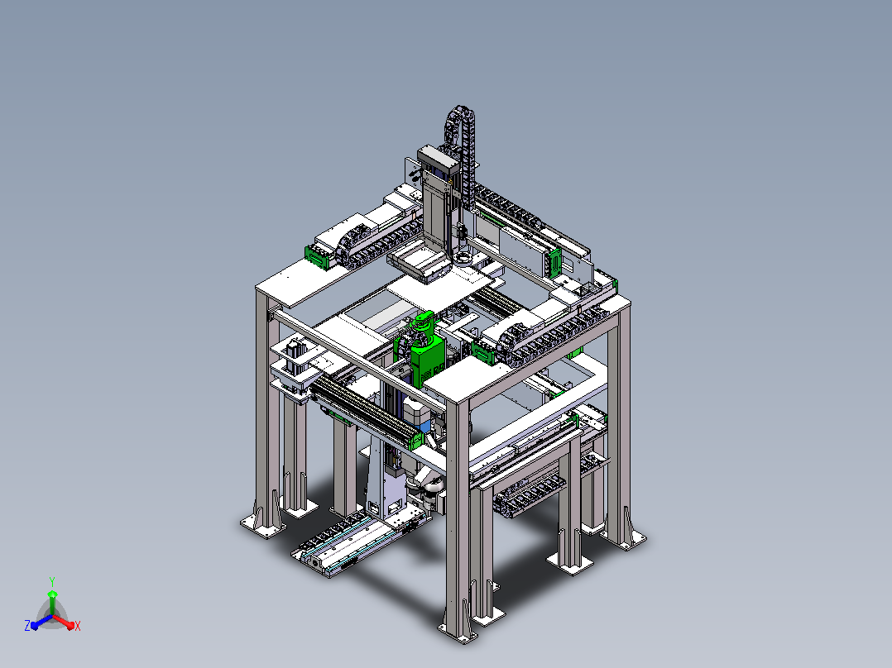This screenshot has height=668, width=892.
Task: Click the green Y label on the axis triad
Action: point(52,581)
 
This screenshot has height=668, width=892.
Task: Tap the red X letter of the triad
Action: point(78,626)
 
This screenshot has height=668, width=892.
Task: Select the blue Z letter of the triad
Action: point(26,625)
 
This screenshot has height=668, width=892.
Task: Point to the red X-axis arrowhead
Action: point(70,625)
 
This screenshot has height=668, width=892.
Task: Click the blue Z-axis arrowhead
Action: point(34,625)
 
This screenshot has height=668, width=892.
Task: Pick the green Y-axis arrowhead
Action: point(52,594)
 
